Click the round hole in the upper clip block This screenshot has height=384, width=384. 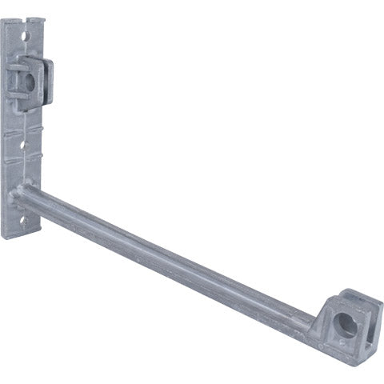coord(30,80)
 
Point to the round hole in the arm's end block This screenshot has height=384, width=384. coord(345,323)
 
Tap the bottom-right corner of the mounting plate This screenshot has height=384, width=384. coord(32,238)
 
